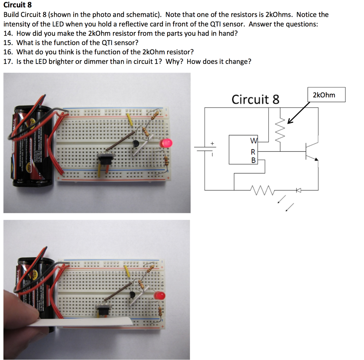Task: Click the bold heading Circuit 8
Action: pos(17,5)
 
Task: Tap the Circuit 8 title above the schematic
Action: pos(255,99)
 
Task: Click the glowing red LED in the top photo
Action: pos(166,143)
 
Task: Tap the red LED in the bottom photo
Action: pos(160,296)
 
